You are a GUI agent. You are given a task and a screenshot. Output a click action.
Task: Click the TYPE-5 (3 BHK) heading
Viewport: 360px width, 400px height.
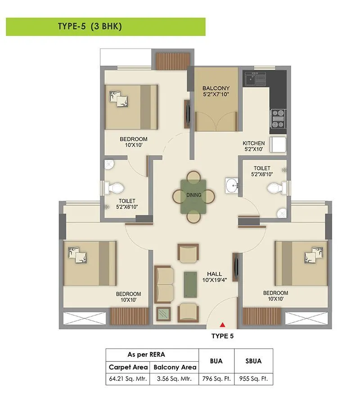coord(90,27)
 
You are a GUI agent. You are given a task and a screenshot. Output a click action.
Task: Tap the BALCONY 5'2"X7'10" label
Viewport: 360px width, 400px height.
coord(216,91)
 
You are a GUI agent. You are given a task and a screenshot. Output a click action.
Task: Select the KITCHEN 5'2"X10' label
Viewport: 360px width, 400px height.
coord(254,146)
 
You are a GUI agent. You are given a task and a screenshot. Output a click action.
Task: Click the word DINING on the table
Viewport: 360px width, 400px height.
coord(194,195)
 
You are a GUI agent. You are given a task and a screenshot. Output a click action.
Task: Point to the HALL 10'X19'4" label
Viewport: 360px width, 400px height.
coord(214,277)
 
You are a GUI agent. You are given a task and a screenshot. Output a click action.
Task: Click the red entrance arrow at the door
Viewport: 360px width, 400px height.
coord(222,324)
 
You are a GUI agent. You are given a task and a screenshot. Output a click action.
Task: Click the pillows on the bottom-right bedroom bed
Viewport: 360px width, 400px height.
coord(314,255)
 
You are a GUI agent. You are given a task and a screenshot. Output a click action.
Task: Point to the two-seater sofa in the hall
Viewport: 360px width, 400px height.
coord(164,284)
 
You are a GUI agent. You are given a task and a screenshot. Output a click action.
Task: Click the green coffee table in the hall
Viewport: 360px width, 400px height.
coord(190,284)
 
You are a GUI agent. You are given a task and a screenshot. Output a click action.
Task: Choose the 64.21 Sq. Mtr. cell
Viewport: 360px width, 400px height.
coord(128,379)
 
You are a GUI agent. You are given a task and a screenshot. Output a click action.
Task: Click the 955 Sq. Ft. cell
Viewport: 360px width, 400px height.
coord(253,379)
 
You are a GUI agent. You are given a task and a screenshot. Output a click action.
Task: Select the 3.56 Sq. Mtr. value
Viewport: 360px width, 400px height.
coord(175,379)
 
